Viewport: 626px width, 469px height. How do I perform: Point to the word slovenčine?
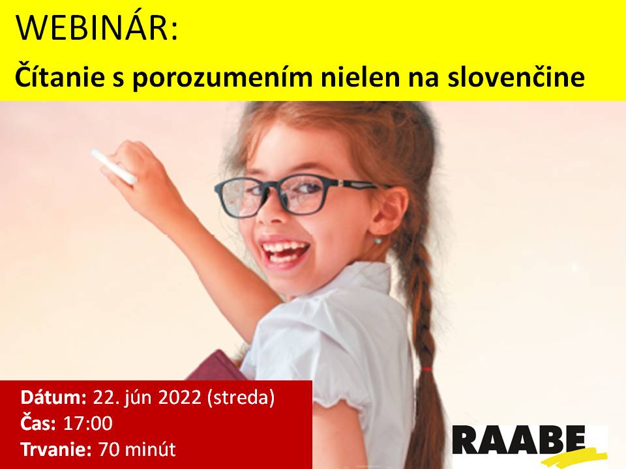pyautogui.click(x=516, y=77)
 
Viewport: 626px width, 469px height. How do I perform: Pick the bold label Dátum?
pyautogui.click(x=53, y=397)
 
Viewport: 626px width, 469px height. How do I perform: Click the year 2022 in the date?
pyautogui.click(x=180, y=397)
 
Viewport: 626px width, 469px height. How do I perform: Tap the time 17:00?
pyautogui.click(x=88, y=423)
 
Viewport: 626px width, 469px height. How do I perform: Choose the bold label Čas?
pyautogui.click(x=38, y=422)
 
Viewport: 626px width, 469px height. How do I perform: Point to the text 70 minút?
pyautogui.click(x=137, y=449)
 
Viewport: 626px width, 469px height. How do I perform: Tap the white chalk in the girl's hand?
pyautogui.click(x=113, y=167)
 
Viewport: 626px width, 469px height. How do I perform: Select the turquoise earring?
pyautogui.click(x=378, y=240)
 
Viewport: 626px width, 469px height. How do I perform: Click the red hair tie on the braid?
pyautogui.click(x=426, y=369)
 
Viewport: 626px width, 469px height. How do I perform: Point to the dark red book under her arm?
pyautogui.click(x=218, y=365)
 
